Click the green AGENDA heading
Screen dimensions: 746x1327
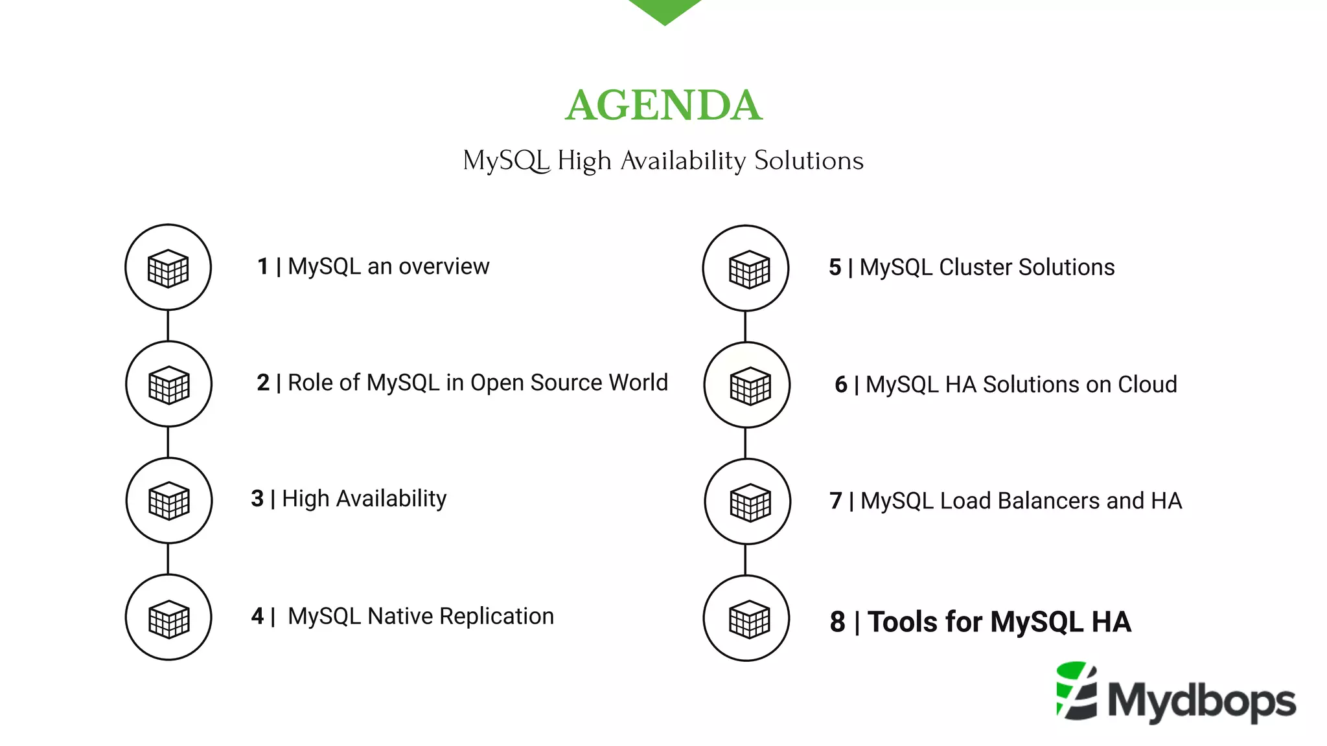pyautogui.click(x=663, y=105)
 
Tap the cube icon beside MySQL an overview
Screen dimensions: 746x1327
pyautogui.click(x=168, y=267)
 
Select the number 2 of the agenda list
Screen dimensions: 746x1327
pyautogui.click(x=263, y=383)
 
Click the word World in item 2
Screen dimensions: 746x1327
pyautogui.click(x=638, y=383)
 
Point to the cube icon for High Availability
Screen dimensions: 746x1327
pyautogui.click(x=169, y=501)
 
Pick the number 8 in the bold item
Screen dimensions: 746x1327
pyautogui.click(x=838, y=622)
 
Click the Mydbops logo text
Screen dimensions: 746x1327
pyautogui.click(x=1202, y=701)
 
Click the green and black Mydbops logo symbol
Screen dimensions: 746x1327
pyautogui.click(x=1077, y=690)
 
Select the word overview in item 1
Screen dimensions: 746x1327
pyautogui.click(x=444, y=266)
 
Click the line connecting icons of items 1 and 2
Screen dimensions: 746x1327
pyautogui.click(x=168, y=326)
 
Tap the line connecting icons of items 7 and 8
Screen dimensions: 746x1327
pyautogui.click(x=746, y=559)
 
